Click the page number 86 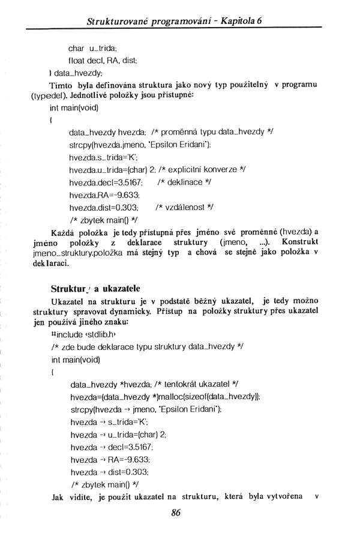click(x=176, y=512)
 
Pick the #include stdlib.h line click(x=83, y=334)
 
